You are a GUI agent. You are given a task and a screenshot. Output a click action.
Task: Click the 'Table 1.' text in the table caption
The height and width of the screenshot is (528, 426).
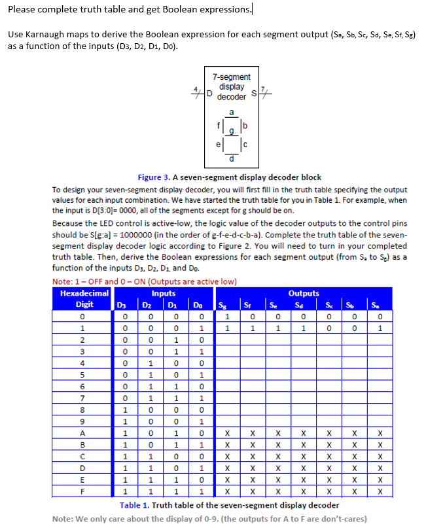coord(133,505)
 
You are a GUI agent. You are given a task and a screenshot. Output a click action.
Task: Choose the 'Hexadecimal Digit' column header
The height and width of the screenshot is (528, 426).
coord(84,299)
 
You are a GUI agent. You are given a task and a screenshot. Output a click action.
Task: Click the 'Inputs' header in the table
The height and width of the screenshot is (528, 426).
coord(163,294)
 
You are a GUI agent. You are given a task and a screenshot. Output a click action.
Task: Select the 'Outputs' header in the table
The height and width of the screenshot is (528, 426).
coord(303,294)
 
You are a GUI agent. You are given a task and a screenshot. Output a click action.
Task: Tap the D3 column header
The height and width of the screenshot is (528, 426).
coord(120,304)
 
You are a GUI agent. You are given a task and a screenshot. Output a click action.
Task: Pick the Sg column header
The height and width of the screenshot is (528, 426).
coord(227,304)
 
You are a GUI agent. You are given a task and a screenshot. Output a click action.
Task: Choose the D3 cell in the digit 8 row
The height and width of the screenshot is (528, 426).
coord(120,409)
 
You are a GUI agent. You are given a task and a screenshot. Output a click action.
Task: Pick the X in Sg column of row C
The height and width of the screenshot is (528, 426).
coord(227,456)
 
